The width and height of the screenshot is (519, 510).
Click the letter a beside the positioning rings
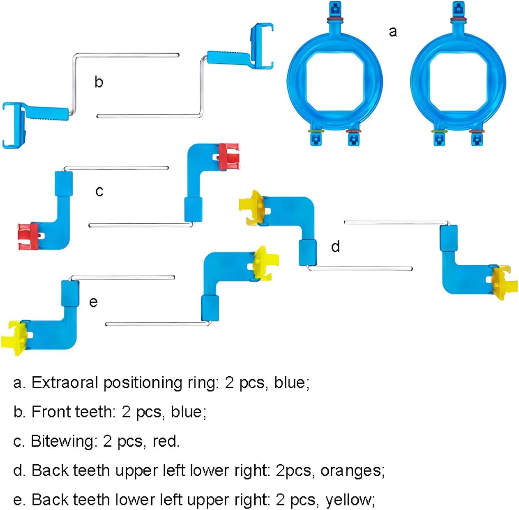tap(393, 32)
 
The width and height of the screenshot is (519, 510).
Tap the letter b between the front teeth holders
tap(99, 82)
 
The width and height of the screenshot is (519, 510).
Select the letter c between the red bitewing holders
tap(99, 191)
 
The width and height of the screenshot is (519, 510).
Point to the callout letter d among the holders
tap(335, 246)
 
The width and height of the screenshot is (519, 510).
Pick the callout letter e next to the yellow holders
tap(93, 302)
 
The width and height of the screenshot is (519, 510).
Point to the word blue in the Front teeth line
tap(188, 412)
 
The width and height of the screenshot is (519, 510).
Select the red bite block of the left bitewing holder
tap(28, 236)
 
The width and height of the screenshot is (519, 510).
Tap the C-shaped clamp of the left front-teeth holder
tap(12, 125)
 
